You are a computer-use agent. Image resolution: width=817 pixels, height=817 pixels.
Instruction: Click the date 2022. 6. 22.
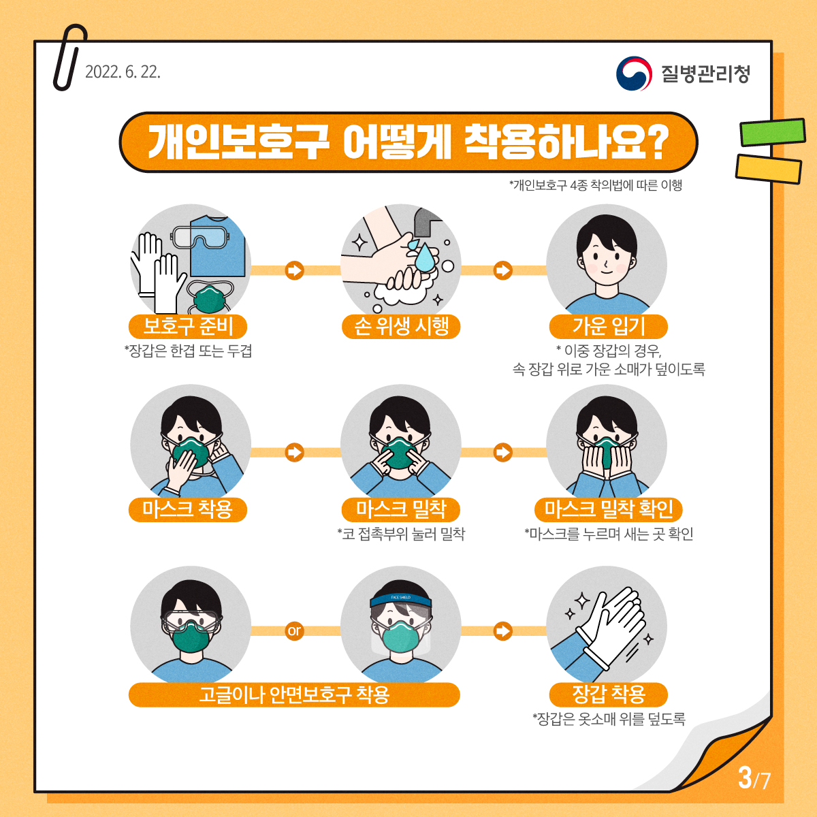point(123,72)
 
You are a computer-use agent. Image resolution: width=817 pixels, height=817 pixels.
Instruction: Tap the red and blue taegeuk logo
point(634,74)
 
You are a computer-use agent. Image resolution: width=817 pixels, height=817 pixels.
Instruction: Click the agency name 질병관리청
point(705,74)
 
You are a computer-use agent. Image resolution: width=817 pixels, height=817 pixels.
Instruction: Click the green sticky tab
point(773,132)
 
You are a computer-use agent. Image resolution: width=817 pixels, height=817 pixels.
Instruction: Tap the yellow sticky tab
point(768,169)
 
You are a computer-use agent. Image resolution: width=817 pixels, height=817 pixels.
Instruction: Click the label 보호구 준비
point(188,327)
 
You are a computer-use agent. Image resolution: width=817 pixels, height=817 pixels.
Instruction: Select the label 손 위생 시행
point(401,327)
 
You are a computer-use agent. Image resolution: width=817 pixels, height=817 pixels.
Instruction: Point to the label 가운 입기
point(609,327)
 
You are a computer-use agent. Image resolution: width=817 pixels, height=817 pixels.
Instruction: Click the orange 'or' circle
point(294,631)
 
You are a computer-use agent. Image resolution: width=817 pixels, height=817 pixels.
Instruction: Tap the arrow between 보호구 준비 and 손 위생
point(294,270)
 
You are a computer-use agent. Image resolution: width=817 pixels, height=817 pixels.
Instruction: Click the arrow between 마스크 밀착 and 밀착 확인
point(503,452)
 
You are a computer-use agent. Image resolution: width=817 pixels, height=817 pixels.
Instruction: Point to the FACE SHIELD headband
point(400,598)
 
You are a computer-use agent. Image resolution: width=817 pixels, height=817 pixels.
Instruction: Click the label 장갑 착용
point(609,694)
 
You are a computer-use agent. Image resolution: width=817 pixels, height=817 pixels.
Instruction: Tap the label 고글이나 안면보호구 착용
point(294,694)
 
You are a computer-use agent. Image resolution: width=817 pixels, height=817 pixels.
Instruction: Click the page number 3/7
point(754,777)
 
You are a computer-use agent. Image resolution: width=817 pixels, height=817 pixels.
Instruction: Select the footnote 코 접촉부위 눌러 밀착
point(401,534)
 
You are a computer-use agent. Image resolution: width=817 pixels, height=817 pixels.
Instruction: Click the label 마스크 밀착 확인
point(609,509)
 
